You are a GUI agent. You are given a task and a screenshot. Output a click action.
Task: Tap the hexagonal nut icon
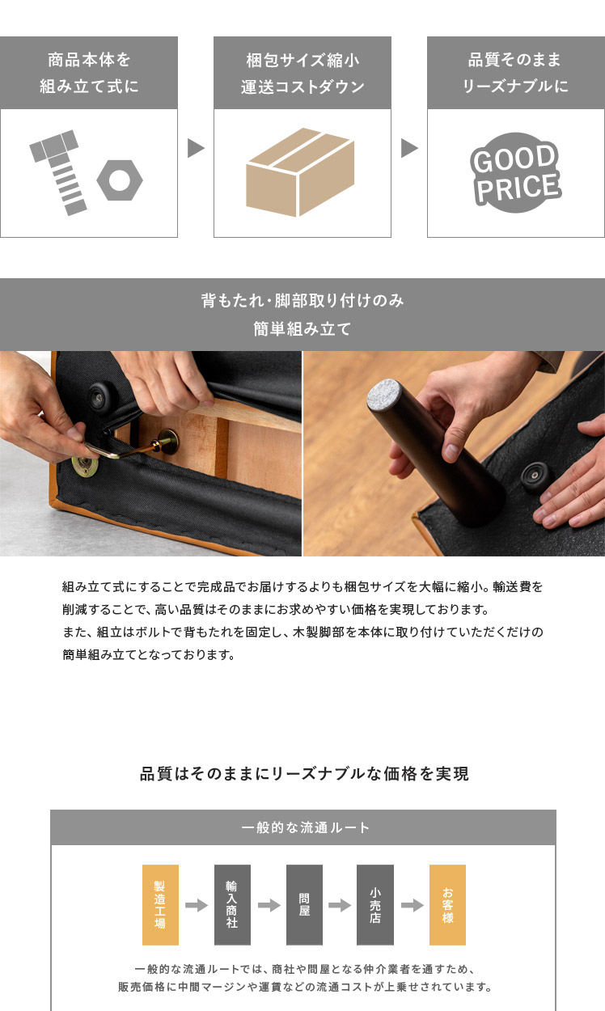point(120,180)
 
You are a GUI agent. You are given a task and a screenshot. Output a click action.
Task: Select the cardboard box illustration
point(300,172)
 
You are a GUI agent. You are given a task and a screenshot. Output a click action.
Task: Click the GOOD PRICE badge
point(515,173)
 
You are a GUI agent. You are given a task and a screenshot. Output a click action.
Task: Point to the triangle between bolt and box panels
point(196,148)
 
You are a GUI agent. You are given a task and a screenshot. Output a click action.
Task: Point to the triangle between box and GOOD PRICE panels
point(409,148)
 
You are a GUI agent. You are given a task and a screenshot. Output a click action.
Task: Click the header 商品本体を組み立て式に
point(89,73)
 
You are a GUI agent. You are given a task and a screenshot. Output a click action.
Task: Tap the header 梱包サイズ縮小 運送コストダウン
point(302,73)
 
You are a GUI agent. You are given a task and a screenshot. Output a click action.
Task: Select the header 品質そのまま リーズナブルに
point(516,73)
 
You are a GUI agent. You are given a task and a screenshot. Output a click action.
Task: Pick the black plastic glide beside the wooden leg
point(535,475)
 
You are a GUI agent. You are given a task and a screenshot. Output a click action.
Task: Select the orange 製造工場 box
point(160,905)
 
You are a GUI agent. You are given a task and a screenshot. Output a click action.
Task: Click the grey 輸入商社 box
point(232,905)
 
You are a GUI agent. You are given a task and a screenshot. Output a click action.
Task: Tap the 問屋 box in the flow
point(304,905)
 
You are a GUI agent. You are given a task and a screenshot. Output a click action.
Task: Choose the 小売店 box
point(375,905)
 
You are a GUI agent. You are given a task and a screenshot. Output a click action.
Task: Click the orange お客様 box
point(447,905)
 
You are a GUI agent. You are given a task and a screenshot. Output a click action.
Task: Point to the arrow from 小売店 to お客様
point(412,905)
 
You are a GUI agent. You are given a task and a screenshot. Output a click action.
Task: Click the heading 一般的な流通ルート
point(305,827)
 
